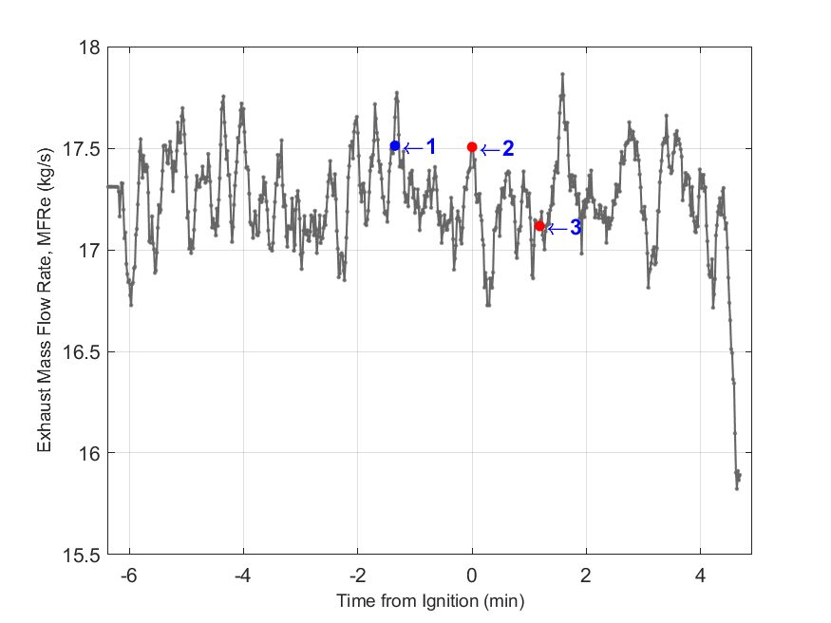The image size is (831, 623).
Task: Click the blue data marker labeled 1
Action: [x=395, y=145]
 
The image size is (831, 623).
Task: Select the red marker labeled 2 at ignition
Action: [x=472, y=147]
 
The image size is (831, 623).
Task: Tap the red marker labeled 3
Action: [x=539, y=226]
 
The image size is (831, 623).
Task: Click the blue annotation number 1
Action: [x=430, y=146]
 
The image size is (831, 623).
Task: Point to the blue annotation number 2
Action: [x=508, y=148]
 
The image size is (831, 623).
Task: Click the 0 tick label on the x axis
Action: [x=472, y=575]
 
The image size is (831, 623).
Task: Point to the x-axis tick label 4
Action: [x=700, y=575]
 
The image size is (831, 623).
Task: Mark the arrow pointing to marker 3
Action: [x=557, y=228]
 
